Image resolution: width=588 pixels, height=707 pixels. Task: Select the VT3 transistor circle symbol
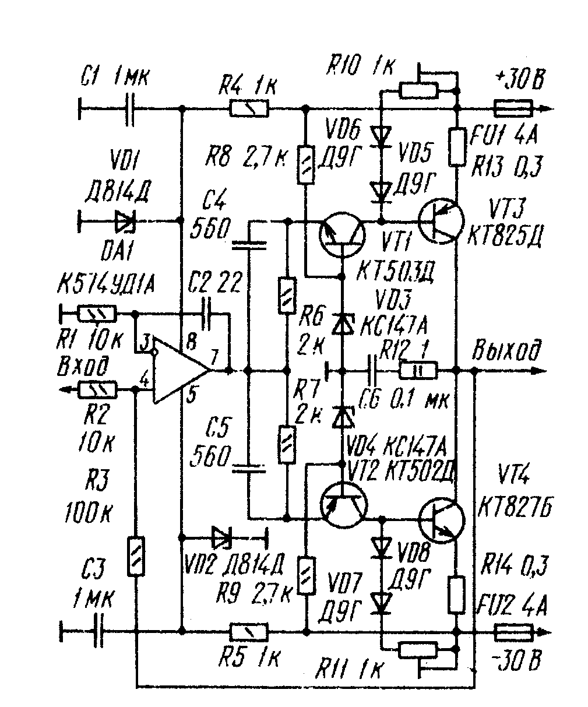click(442, 221)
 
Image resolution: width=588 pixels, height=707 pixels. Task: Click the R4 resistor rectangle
click(249, 108)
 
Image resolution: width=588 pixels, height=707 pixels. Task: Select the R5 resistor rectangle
click(249, 631)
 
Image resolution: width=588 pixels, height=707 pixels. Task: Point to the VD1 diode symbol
click(125, 221)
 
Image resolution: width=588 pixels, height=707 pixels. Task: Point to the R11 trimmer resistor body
click(418, 649)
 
